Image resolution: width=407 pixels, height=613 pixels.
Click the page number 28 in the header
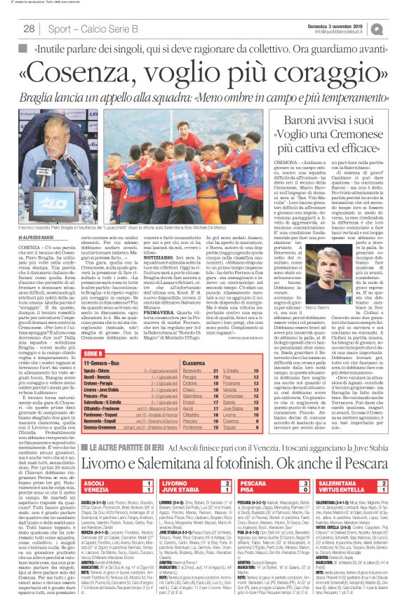pos(29,29)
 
